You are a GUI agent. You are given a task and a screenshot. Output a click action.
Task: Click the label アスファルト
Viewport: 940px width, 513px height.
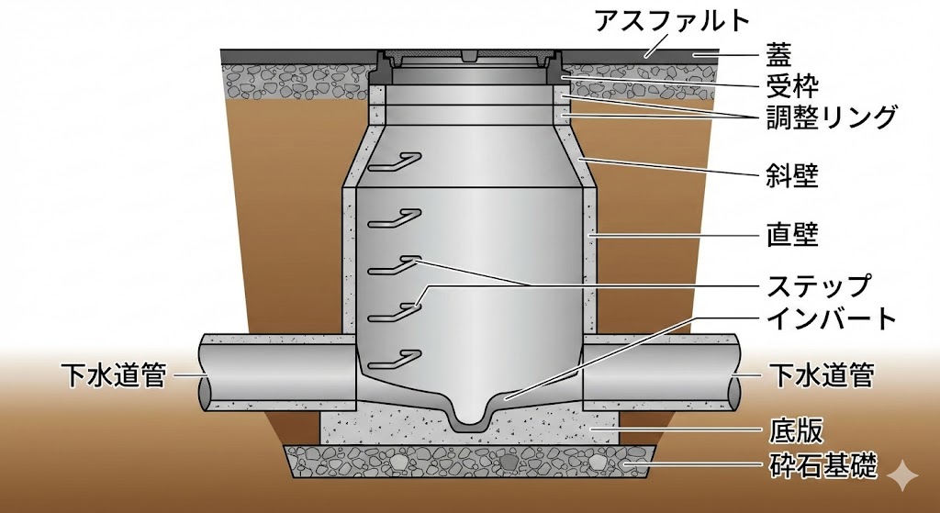click(671, 21)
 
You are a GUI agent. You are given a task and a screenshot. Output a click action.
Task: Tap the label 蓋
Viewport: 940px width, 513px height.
click(778, 55)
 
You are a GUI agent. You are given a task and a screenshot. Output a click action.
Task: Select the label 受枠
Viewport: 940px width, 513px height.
click(792, 86)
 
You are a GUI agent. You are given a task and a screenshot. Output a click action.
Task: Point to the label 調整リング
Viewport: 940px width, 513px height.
click(832, 117)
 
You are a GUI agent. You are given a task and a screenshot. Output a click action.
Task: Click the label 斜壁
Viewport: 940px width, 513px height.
click(792, 177)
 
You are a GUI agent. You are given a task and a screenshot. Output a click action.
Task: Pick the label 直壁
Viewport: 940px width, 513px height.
click(792, 235)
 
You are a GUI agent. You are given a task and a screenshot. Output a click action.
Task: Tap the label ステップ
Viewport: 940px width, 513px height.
click(818, 285)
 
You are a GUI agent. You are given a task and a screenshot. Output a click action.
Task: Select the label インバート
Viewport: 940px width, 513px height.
click(832, 318)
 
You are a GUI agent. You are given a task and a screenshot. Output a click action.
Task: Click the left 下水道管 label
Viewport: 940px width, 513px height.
click(113, 375)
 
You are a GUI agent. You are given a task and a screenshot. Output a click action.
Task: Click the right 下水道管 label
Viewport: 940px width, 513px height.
click(822, 375)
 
